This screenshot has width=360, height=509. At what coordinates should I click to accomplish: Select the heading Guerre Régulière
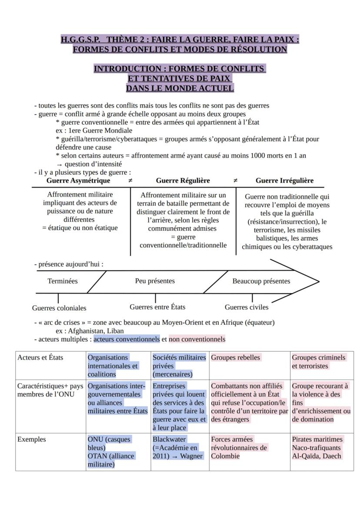tap(183, 180)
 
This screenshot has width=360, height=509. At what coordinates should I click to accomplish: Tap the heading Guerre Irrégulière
tap(284, 180)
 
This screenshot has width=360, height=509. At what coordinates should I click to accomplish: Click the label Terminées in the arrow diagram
tap(63, 281)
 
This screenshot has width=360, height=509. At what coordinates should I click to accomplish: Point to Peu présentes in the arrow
tap(155, 281)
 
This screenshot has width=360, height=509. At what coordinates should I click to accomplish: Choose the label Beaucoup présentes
tap(261, 281)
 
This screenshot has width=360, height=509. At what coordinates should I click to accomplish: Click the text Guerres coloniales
tap(59, 308)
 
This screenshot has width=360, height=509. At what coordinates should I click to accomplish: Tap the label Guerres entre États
tap(157, 307)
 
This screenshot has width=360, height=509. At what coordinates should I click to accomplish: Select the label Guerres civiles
tap(247, 307)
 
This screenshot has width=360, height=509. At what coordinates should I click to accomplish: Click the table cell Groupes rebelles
tap(236, 358)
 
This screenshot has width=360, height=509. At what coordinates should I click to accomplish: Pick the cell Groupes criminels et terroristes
tap(319, 362)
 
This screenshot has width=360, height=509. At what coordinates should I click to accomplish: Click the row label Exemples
tap(31, 439)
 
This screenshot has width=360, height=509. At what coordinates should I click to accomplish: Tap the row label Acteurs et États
tap(40, 358)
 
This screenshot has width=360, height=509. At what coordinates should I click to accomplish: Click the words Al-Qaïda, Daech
tap(317, 456)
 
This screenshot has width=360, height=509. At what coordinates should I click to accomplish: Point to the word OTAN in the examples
tap(97, 456)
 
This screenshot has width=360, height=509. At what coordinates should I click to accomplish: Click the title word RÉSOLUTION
tap(259, 49)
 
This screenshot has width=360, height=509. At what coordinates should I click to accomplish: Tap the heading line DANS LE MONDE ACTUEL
tap(180, 88)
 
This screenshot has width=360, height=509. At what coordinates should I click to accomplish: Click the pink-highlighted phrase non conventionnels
tap(197, 339)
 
